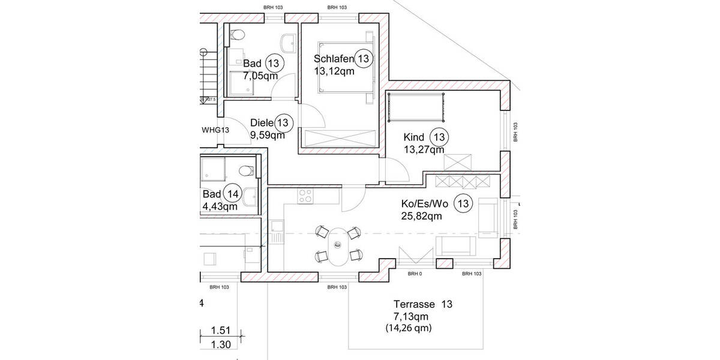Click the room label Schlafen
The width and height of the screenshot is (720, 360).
tap(333, 59)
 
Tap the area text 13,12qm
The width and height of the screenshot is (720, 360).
tap(334, 71)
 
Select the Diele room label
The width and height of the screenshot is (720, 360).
tap(262, 123)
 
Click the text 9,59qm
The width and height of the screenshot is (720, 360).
tap(267, 135)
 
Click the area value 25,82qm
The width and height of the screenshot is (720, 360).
tap(421, 216)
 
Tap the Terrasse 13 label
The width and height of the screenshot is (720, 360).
tap(422, 304)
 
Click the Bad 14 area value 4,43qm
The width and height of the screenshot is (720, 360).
tap(220, 206)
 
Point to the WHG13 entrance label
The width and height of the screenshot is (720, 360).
tap(215, 130)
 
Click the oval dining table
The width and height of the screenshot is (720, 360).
tap(338, 246)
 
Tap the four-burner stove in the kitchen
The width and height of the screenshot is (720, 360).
tap(305, 196)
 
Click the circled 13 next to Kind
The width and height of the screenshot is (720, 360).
tap(440, 137)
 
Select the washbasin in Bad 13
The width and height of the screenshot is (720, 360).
tap(289, 43)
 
